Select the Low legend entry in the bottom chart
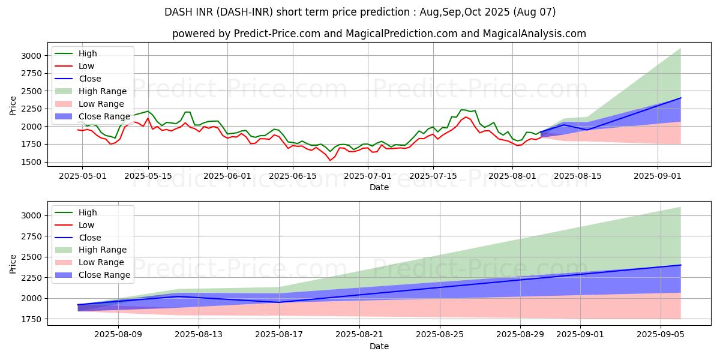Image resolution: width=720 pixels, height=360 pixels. coord(86,225)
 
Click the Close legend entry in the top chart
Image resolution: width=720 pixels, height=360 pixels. coord(90,79)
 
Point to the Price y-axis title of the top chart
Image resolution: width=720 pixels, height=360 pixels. coord(13,106)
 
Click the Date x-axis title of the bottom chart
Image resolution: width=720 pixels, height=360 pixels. coord(379,346)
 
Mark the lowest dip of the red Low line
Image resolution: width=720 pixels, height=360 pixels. coord(329,160)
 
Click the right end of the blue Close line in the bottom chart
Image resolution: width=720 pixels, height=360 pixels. coord(681,265)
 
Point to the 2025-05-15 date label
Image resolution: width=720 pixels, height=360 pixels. coord(148,176)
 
